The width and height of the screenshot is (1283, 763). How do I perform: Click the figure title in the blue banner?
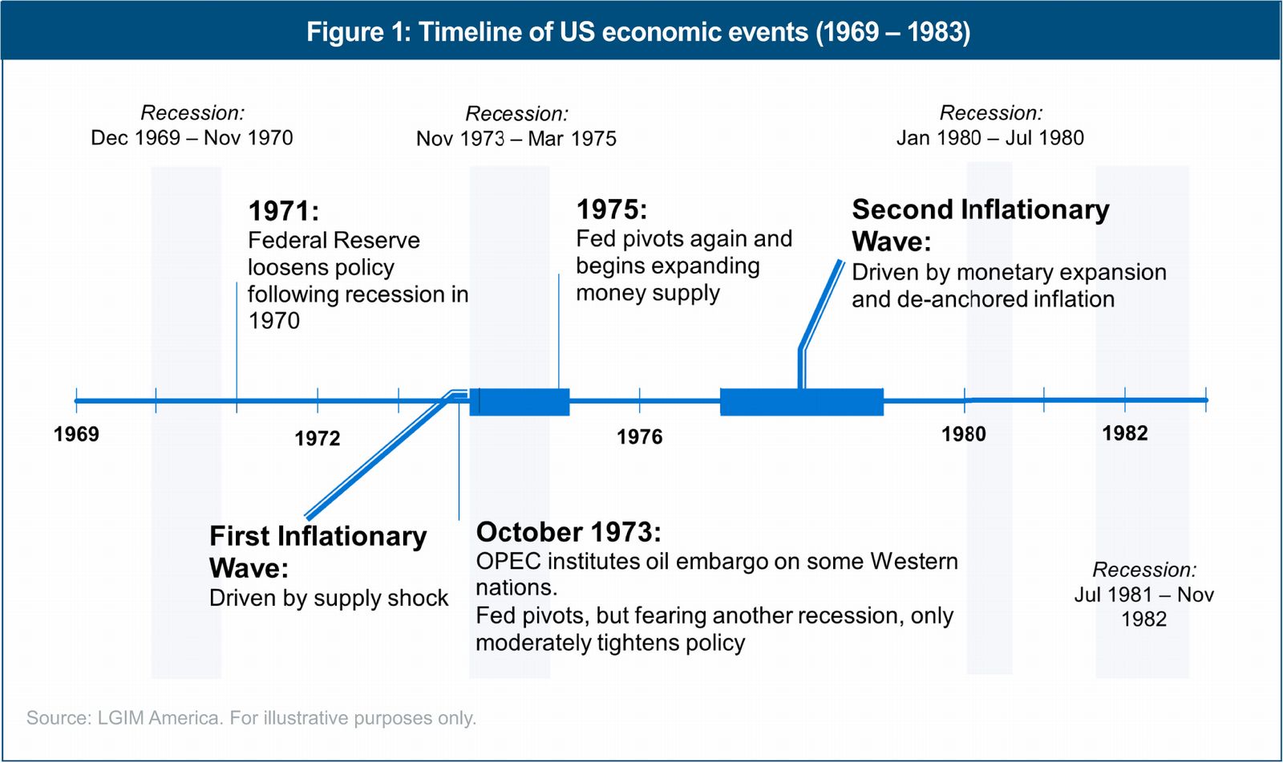(638, 31)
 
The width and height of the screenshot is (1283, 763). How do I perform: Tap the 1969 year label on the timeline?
(76, 434)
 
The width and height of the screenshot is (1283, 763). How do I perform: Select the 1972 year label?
(318, 439)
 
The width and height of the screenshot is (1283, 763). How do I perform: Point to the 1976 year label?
(639, 437)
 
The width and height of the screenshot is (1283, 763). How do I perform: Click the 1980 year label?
(964, 435)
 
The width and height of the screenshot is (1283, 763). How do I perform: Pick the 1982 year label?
(1125, 433)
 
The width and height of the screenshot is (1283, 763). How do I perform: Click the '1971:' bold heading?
(284, 211)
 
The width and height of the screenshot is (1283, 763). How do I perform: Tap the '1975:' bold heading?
(612, 209)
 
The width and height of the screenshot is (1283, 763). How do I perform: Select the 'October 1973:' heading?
(569, 532)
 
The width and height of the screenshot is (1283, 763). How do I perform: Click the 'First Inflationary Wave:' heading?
(318, 552)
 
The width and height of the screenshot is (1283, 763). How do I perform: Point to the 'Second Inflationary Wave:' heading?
(980, 225)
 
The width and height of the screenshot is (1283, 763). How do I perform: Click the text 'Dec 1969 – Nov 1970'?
(192, 137)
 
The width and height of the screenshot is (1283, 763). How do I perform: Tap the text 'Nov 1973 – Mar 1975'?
(516, 139)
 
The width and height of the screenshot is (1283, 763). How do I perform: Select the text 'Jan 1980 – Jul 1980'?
(990, 137)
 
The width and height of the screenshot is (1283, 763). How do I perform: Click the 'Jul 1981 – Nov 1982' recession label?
(1143, 607)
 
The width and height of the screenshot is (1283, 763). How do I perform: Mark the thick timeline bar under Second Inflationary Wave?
(802, 402)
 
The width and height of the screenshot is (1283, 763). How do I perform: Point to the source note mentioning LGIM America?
(252, 718)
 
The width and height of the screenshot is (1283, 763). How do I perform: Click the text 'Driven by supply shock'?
(329, 599)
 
